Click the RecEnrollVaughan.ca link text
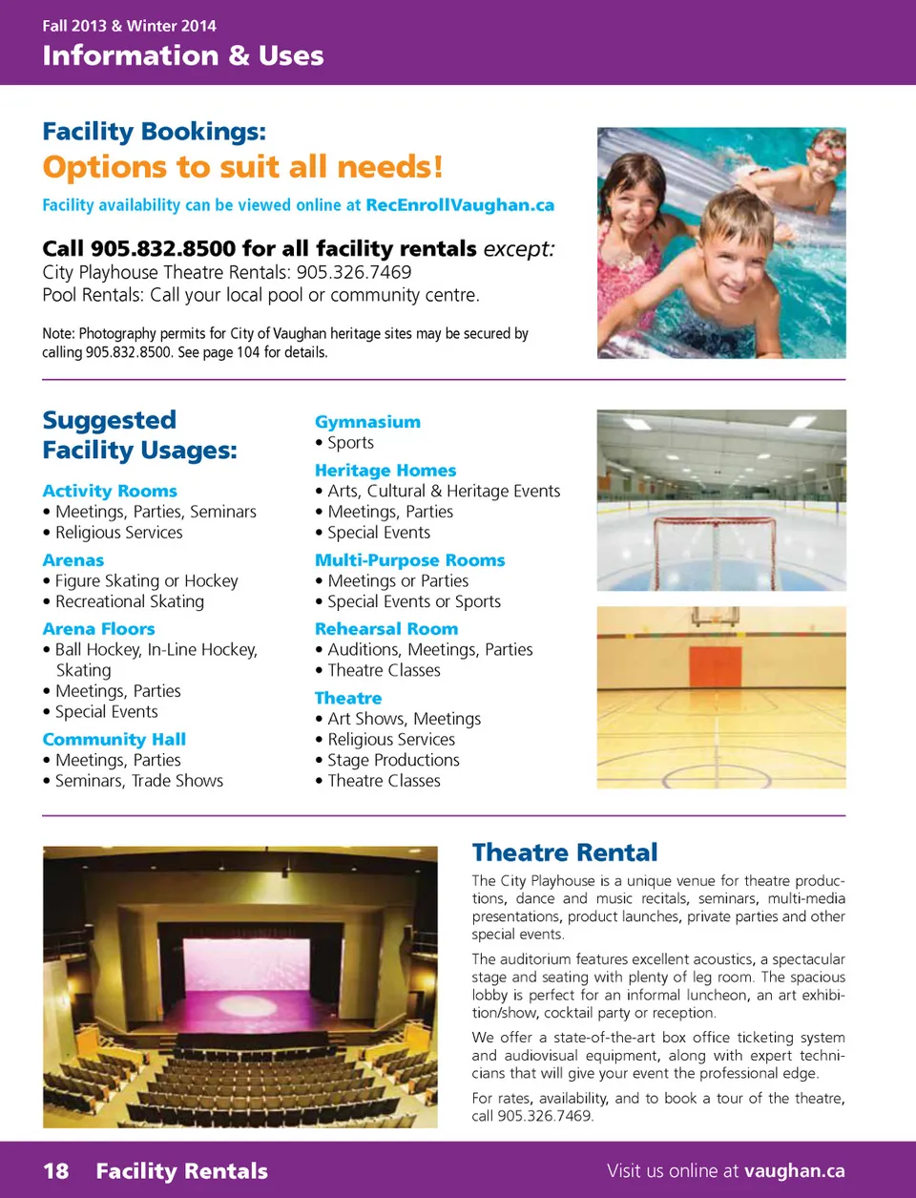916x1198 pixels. [460, 205]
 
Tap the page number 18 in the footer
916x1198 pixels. [56, 1171]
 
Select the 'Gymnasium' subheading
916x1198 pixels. [367, 422]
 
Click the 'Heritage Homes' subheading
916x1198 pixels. [385, 471]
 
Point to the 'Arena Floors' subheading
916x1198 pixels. [98, 629]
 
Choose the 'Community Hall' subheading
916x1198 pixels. [114, 740]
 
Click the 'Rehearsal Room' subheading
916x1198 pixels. [386, 629]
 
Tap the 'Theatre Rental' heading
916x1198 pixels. [565, 852]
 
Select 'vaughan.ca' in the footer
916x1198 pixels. [795, 1171]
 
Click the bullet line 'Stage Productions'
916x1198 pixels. [393, 761]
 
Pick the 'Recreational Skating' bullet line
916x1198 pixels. [129, 602]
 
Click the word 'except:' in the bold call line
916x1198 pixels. [519, 249]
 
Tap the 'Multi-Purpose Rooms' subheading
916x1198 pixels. [410, 560]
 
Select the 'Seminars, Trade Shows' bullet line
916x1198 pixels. [138, 782]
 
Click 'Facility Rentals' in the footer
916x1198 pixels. [181, 1171]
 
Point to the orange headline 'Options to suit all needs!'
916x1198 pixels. [242, 167]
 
